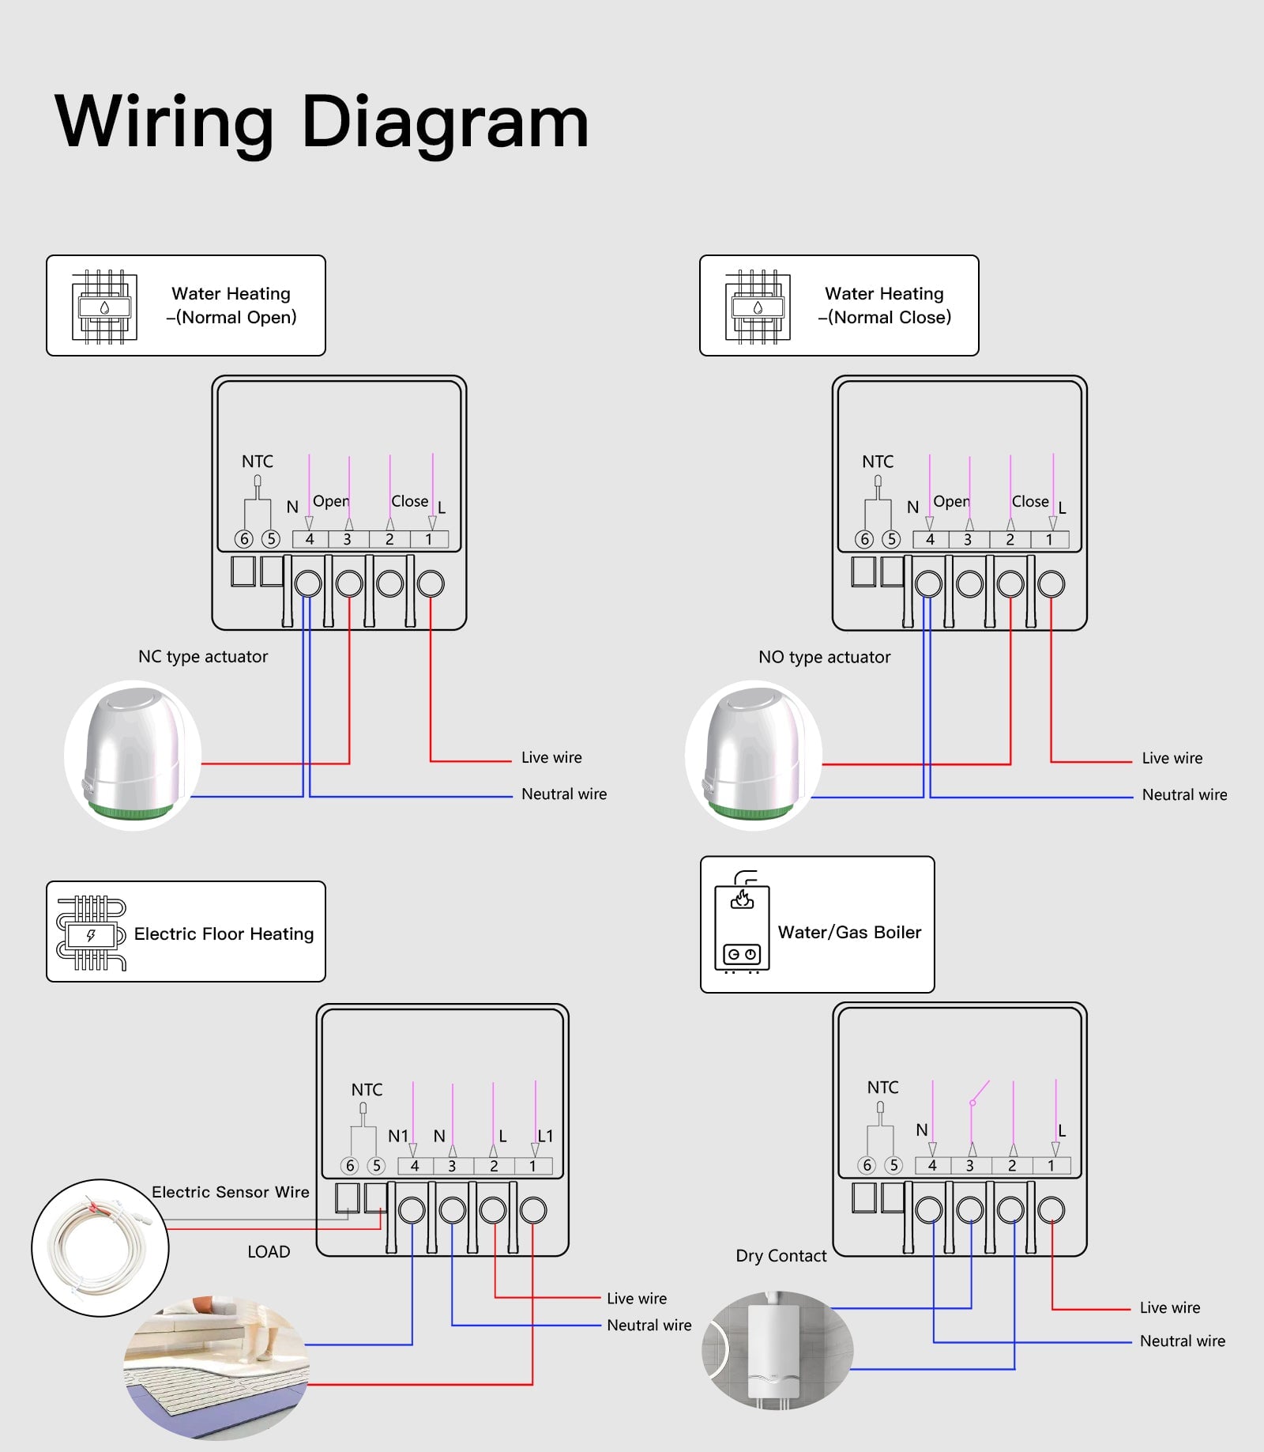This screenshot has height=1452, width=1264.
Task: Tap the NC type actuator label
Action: pos(203,657)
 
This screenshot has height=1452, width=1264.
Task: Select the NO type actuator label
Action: pos(824,657)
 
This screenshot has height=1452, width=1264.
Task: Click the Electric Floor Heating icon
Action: pos(91,933)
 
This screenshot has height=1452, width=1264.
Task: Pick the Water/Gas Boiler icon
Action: pos(741,923)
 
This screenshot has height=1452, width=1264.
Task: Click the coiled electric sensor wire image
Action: pos(100,1247)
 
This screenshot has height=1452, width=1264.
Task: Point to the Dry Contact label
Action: pos(781,1256)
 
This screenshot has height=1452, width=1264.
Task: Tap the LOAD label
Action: pos(269,1252)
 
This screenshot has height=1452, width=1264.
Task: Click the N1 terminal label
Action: pos(397,1136)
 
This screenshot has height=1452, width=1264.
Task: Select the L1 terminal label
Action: pos(546,1136)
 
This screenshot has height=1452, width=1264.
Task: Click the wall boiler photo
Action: pos(777,1351)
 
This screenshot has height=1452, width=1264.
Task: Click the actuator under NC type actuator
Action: pos(133,755)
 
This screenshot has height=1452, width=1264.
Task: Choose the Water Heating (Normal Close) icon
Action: pos(758,306)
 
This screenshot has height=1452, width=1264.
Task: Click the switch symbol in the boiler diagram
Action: pos(979,1093)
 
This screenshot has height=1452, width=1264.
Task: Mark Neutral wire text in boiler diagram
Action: pos(1182,1341)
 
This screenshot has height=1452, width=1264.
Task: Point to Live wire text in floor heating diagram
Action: pos(636,1299)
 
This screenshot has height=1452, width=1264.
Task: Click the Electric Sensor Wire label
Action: pos(230,1192)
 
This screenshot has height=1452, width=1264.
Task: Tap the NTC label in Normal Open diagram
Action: pos(258,462)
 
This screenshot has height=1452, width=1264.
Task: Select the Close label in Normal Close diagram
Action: pos(1030,502)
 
